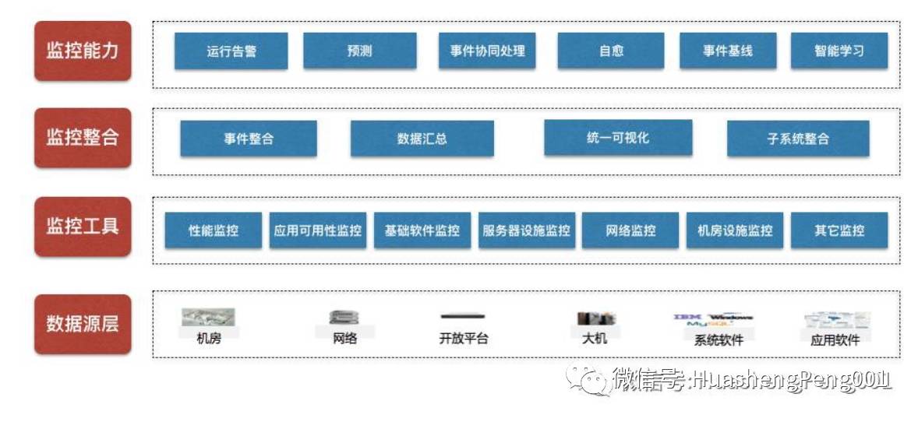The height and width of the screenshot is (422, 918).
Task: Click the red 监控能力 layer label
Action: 83,51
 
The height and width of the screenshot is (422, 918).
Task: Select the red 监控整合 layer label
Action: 83,138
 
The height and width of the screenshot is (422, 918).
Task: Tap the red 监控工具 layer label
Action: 83,227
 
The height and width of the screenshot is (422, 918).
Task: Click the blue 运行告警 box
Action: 231,51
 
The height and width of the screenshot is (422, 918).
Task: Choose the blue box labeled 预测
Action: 359,51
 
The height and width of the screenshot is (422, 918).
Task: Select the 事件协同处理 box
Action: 487,51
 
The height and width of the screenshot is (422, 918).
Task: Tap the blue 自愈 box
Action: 611,51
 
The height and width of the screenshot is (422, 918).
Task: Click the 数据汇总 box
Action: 422,139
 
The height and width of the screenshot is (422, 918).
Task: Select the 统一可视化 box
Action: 617,138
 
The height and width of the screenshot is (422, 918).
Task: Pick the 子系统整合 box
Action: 797,139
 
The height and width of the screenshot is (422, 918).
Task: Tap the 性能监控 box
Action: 214,230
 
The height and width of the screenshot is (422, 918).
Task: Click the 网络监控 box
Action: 630,230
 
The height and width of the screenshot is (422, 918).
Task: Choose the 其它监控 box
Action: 839,230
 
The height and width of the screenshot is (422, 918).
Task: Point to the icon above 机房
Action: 209,318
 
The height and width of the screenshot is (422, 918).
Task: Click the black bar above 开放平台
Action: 463,316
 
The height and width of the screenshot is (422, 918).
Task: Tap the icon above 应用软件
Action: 835,319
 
